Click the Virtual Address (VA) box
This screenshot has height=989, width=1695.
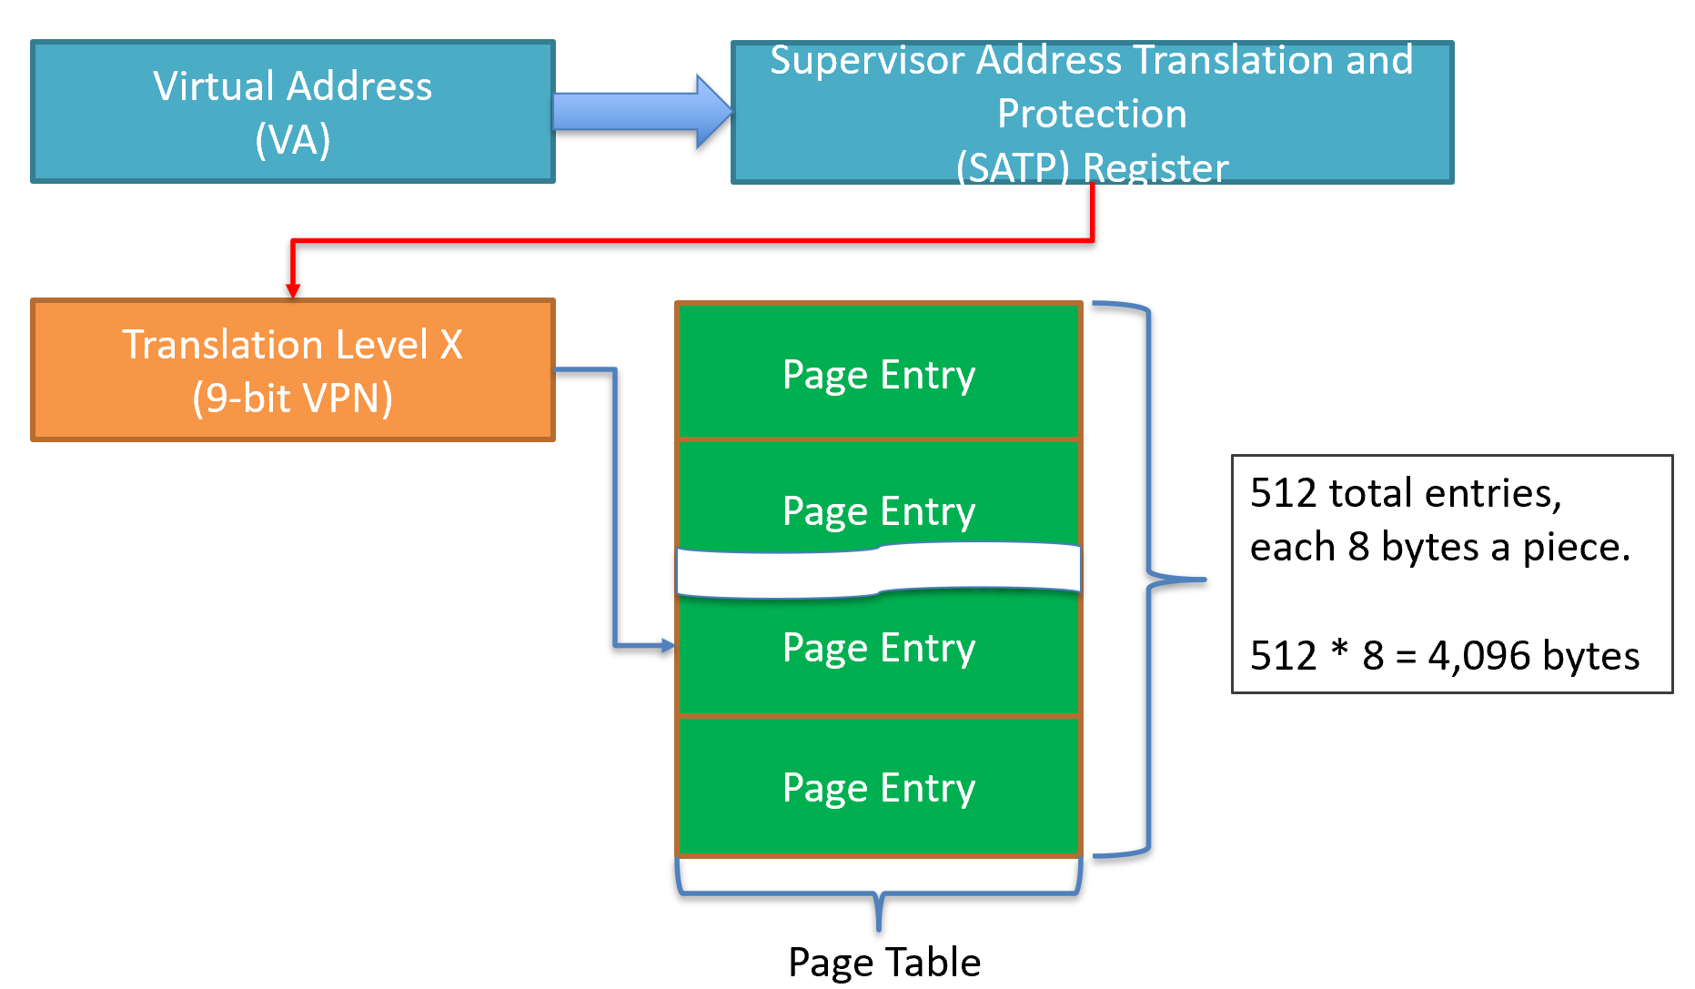click(292, 111)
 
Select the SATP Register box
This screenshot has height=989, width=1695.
click(1092, 112)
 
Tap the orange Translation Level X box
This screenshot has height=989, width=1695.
click(292, 370)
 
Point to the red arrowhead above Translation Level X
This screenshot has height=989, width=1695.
click(293, 290)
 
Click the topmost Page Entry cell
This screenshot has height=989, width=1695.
click(879, 374)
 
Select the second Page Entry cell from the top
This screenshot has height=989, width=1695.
click(879, 496)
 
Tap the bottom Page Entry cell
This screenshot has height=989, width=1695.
click(879, 787)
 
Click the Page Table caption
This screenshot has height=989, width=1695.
click(883, 962)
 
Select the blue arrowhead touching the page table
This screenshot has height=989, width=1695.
click(668, 646)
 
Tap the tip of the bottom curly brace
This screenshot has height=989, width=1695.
click(879, 927)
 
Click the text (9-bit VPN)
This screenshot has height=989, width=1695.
click(292, 399)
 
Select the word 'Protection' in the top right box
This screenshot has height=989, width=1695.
click(1092, 114)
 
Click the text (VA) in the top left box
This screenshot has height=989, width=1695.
click(292, 140)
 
